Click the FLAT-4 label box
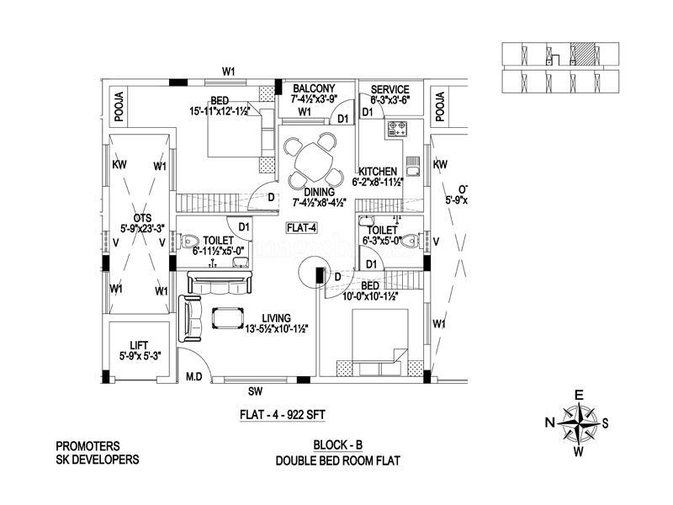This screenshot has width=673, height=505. [x=300, y=227]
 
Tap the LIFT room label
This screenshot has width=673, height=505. [x=139, y=344]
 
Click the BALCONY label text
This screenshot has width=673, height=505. [x=313, y=89]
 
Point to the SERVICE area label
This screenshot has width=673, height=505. [x=389, y=89]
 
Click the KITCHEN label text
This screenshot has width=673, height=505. [x=379, y=171]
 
